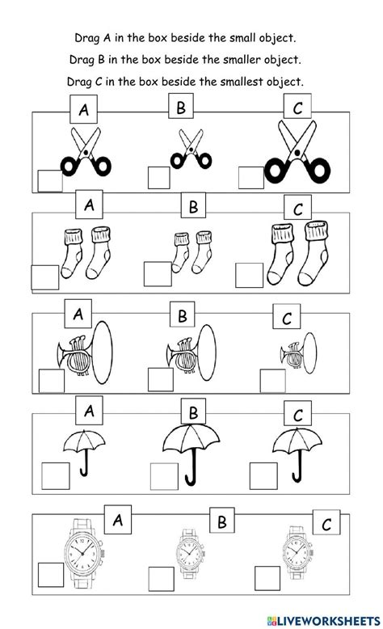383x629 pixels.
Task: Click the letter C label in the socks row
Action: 297,209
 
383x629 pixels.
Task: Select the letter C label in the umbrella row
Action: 297,416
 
